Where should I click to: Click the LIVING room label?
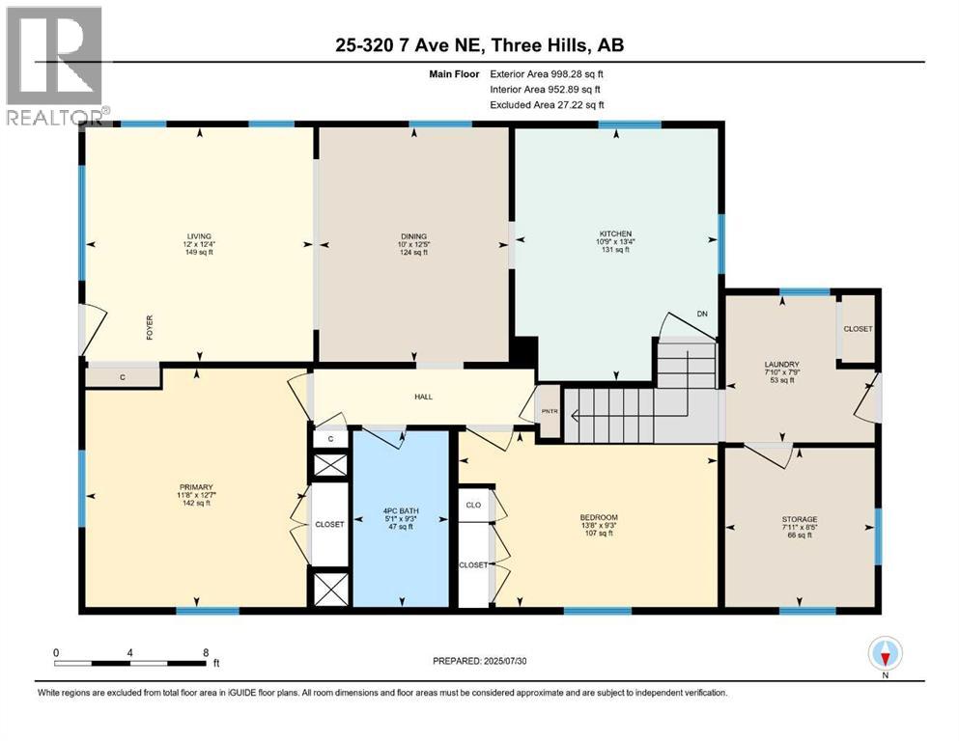click(199, 236)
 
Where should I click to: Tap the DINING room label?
click(413, 236)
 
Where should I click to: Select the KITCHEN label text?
click(615, 233)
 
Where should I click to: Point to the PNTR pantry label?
click(550, 411)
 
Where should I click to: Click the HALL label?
click(423, 397)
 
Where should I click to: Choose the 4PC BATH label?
click(401, 510)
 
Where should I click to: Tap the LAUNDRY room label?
click(781, 364)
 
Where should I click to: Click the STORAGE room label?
click(800, 519)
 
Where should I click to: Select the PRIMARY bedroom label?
click(196, 487)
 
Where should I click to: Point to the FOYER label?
click(150, 327)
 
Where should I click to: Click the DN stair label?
click(702, 314)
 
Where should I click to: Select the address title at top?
click(479, 45)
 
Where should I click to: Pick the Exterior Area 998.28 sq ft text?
click(547, 74)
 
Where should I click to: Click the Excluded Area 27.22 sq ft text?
click(547, 104)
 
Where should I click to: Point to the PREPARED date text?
click(479, 661)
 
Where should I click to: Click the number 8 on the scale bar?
click(206, 652)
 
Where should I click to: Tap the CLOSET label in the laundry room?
click(858, 329)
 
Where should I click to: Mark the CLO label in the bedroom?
click(473, 506)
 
